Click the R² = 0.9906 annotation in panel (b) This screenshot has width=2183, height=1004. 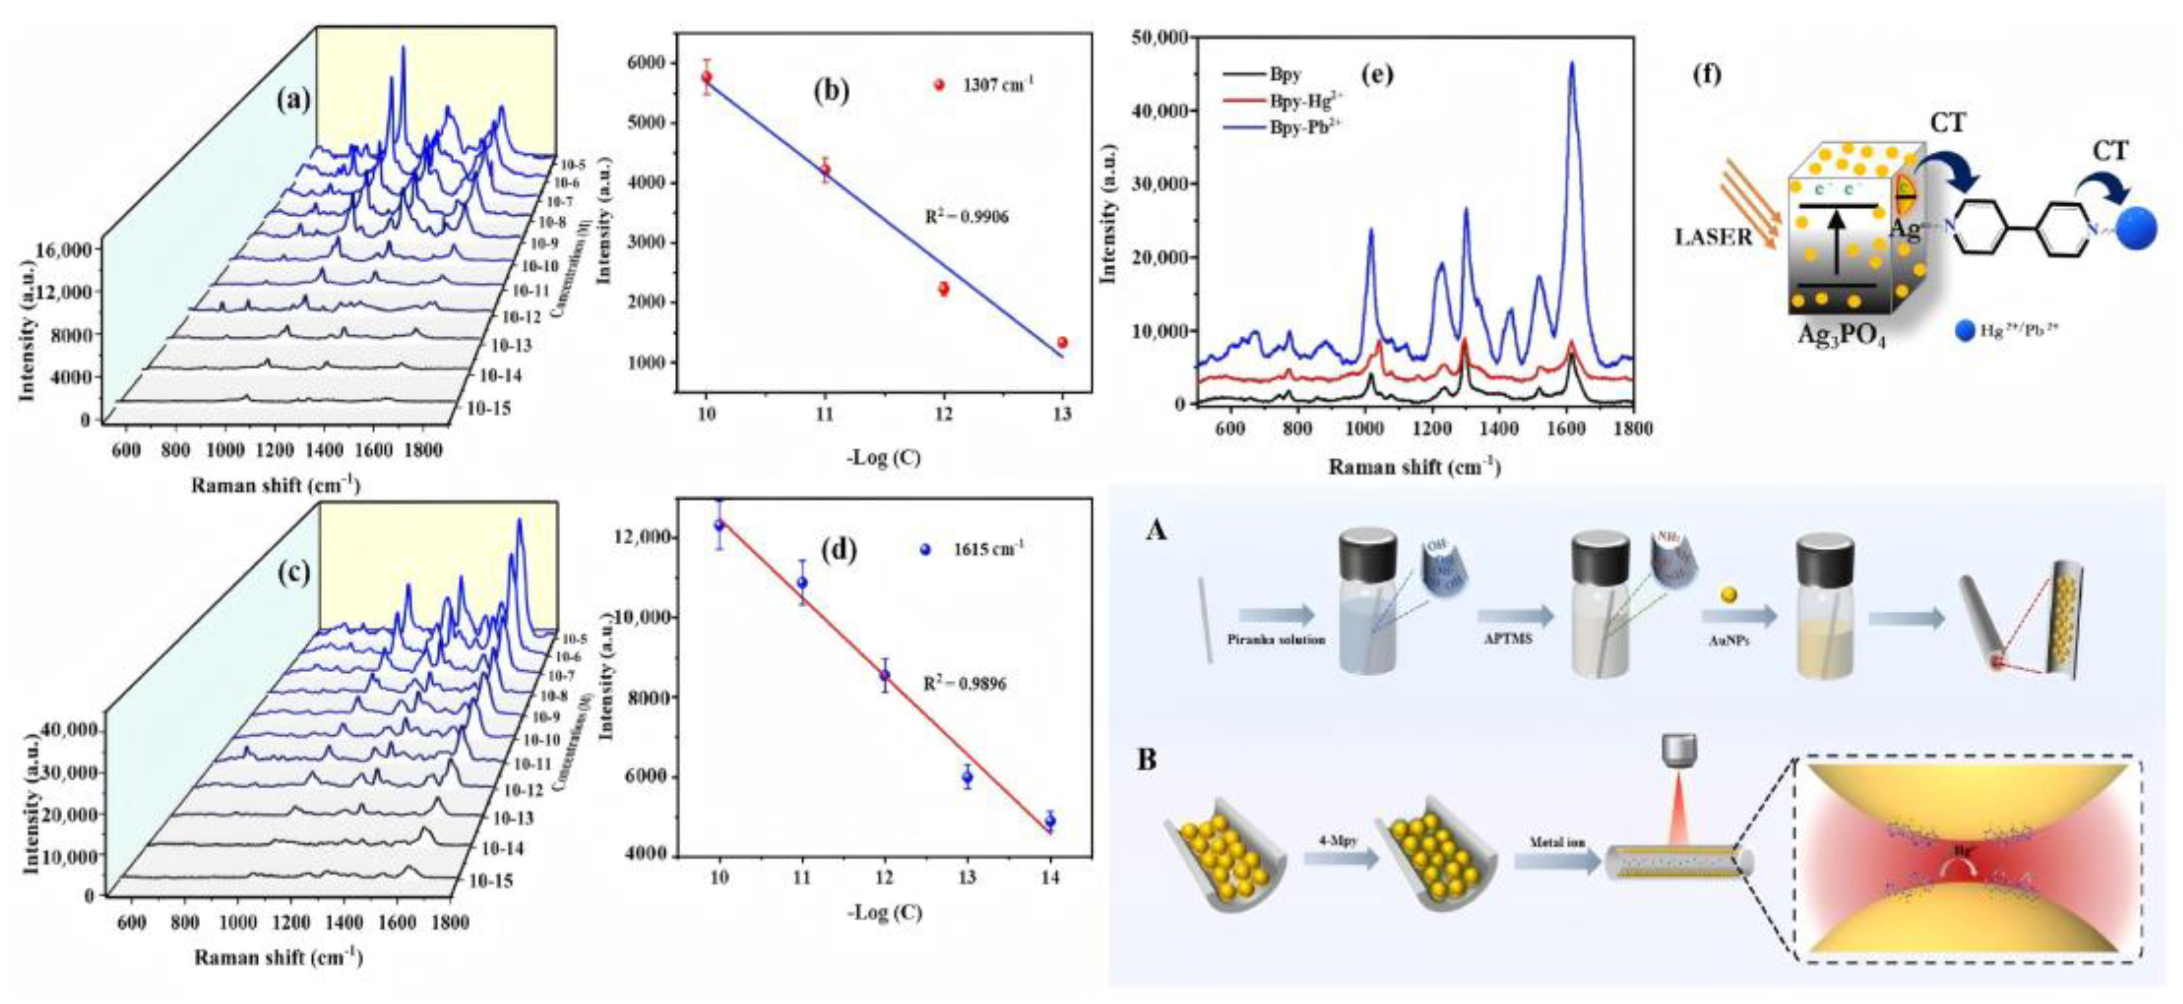coord(966,218)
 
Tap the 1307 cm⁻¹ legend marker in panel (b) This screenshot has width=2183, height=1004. coord(938,85)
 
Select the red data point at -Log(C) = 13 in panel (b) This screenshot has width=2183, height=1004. coord(1062,342)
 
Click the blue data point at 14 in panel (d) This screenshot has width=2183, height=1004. coord(1050,821)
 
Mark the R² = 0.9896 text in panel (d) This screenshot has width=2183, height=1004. coord(964,683)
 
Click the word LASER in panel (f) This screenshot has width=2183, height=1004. coord(1713,238)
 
